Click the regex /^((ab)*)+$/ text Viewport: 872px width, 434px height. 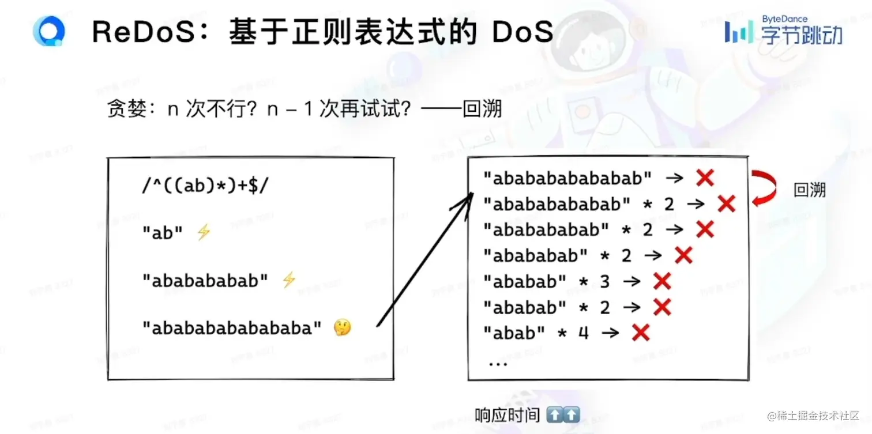coord(205,186)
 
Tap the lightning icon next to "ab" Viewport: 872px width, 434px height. coord(204,233)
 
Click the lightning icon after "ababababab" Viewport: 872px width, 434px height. coord(288,281)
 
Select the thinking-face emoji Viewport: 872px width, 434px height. coord(342,328)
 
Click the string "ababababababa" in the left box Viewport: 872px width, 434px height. coord(232,328)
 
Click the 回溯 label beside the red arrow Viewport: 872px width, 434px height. coord(810,190)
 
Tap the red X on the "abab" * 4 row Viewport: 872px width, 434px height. coord(640,333)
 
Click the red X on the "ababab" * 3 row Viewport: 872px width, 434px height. coord(662,281)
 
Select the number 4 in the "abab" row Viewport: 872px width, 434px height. coord(583,333)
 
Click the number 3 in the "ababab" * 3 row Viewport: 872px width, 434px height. coord(604,281)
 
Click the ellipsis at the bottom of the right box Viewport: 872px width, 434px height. coord(497,364)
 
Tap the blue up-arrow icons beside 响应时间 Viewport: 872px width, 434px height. coord(562,415)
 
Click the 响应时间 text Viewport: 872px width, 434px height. coord(507,415)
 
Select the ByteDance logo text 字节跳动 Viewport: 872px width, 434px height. coord(802,35)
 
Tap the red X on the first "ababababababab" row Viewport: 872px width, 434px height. coord(705,178)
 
